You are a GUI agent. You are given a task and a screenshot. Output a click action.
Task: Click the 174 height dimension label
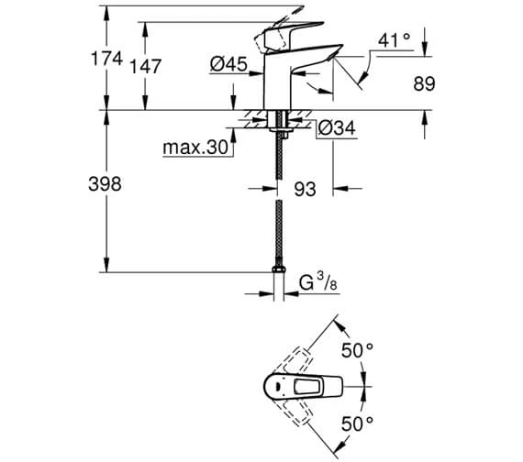(x=106, y=59)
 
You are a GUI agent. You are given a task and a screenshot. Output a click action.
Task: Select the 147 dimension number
(x=145, y=66)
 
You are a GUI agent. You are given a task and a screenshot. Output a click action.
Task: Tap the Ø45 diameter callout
(x=228, y=63)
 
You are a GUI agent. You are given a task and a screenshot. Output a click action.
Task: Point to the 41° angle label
(x=395, y=40)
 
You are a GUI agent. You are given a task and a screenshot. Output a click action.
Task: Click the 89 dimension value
(x=424, y=83)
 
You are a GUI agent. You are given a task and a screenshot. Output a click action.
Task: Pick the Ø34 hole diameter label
(x=337, y=128)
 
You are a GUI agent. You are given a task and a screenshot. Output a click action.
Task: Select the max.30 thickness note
(x=195, y=147)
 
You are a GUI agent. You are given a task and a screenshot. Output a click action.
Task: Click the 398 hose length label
(x=105, y=184)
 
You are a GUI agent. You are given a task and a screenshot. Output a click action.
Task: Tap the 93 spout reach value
(x=305, y=189)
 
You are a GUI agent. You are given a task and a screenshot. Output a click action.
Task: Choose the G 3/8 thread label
(x=317, y=281)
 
